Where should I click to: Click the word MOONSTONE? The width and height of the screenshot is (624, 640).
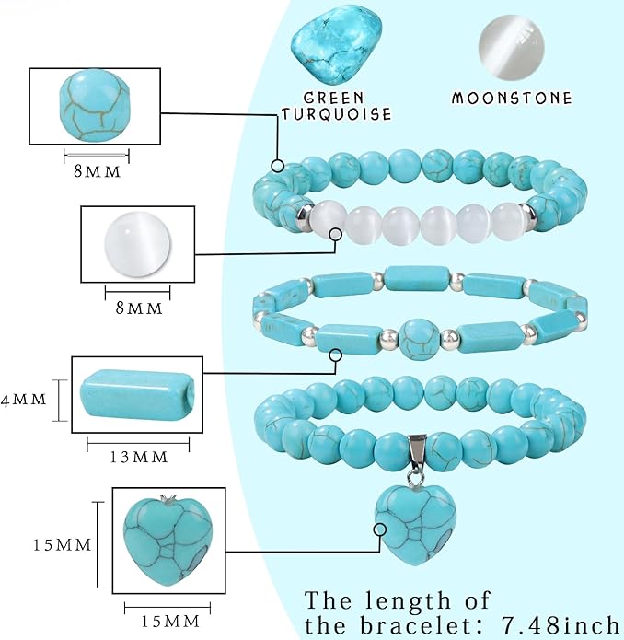(x=512, y=98)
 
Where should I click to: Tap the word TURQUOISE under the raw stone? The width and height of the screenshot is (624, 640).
(x=337, y=113)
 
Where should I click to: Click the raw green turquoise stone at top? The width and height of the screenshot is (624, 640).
(x=337, y=45)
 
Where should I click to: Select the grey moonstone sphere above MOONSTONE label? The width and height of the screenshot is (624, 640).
(x=512, y=43)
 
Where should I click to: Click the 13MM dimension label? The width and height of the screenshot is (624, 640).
(x=139, y=457)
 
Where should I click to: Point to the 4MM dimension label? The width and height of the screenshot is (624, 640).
(x=23, y=400)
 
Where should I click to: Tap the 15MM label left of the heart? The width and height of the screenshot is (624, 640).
(x=63, y=545)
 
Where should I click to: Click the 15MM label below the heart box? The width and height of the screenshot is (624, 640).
(x=170, y=622)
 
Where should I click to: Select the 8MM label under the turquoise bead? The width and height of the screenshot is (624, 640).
(x=97, y=171)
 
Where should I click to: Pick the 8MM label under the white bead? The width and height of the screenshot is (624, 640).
(x=139, y=308)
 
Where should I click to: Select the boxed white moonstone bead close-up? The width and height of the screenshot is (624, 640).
(x=137, y=245)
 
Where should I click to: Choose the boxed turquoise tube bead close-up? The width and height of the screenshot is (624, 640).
(x=137, y=393)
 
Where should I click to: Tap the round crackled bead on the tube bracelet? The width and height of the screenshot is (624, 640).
(x=419, y=340)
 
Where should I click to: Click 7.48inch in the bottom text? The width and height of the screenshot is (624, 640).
(x=560, y=625)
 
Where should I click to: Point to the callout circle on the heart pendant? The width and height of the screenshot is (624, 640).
(x=380, y=529)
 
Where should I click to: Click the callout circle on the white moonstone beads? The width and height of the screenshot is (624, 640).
(x=336, y=234)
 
